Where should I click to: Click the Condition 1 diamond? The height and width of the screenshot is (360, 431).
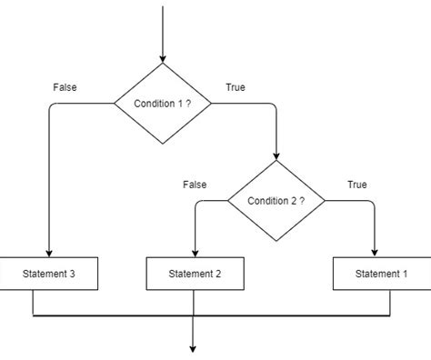[163, 103]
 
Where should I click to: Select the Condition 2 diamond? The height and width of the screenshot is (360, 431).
[276, 200]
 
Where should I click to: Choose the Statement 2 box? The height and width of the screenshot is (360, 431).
[195, 274]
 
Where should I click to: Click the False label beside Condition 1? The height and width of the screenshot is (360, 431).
[65, 87]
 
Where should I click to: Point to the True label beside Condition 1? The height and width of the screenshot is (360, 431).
[236, 87]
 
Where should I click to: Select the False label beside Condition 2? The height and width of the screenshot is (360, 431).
[195, 185]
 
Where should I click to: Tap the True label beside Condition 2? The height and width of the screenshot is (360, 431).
[357, 185]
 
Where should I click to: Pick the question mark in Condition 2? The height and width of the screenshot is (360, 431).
[303, 201]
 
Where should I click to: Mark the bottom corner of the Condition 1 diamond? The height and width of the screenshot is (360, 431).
[163, 144]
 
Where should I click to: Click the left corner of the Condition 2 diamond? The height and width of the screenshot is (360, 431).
[227, 200]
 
